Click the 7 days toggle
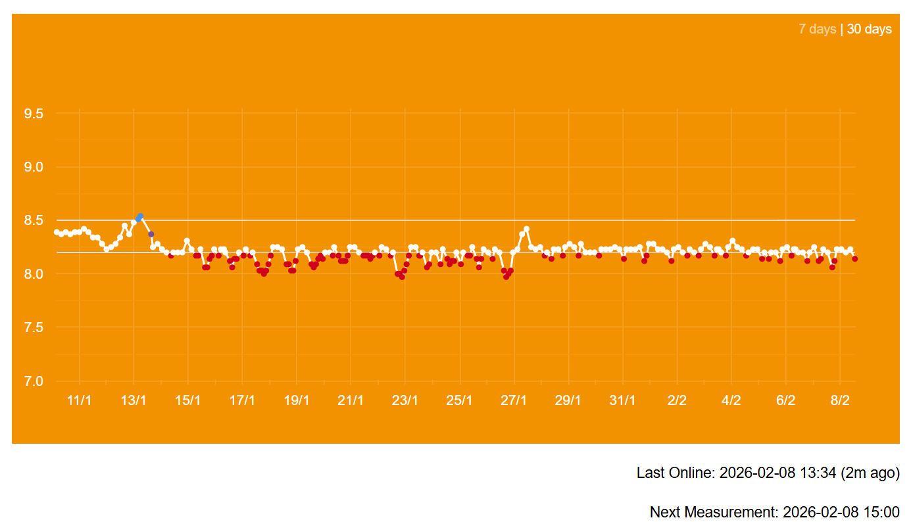[817, 29]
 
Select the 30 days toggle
[869, 29]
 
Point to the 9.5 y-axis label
[34, 114]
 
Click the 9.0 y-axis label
[34, 167]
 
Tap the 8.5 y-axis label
[34, 220]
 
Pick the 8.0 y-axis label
[34, 273]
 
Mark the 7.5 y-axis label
[34, 327]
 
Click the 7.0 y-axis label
[34, 381]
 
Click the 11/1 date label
[80, 400]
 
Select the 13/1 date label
[134, 400]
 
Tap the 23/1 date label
[405, 400]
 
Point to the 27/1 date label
[514, 400]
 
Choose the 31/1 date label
[622, 400]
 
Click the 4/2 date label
[731, 400]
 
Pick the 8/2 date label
[840, 400]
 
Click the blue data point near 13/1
[139, 218]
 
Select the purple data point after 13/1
[151, 234]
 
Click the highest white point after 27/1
[526, 229]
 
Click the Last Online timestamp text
[768, 473]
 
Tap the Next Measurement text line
[774, 512]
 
